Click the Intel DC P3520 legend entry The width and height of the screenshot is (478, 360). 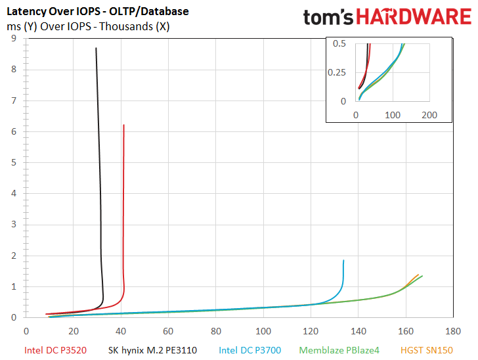pos(55,350)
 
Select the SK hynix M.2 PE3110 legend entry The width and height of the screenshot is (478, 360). pos(152,350)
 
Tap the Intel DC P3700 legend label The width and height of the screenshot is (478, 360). pos(250,350)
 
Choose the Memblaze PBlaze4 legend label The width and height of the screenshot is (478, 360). pos(339,350)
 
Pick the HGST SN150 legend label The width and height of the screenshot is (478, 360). pos(427,350)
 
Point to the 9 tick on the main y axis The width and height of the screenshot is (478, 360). pos(13,38)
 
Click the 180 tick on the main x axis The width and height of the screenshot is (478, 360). pos(453,331)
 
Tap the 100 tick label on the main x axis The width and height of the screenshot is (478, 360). pos(263,331)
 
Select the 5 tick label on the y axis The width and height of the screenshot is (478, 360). pos(13,162)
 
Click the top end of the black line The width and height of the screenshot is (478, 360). pos(96,48)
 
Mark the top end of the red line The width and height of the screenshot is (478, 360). pos(123,125)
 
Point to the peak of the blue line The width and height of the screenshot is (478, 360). pos(343,260)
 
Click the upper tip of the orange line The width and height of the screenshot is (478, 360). pos(418,275)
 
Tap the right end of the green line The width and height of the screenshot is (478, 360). pos(422,276)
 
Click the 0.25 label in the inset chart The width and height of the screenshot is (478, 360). pos(337,73)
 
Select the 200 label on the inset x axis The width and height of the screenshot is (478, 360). pos(429,115)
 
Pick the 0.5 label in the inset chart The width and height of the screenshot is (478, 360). pos(339,43)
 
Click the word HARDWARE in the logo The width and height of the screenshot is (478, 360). pos(414,16)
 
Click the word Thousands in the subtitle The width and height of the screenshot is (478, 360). pos(126,26)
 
